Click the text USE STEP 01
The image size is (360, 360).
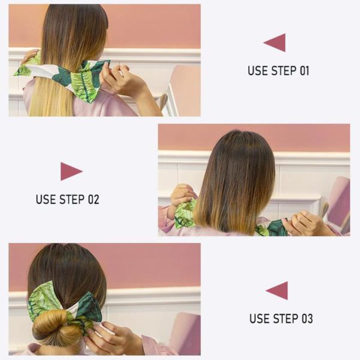click(x=278, y=71)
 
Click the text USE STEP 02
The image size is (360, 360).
click(x=67, y=199)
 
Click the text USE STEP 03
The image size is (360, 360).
click(x=281, y=318)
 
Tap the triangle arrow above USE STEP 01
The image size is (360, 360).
click(x=275, y=43)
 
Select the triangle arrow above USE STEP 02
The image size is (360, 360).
click(x=70, y=172)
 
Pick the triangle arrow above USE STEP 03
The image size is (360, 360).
click(x=278, y=290)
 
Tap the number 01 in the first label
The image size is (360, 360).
click(x=303, y=71)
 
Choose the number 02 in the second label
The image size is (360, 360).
click(x=92, y=199)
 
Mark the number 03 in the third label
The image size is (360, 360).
click(x=305, y=318)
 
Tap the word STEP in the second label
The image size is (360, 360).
click(x=71, y=199)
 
